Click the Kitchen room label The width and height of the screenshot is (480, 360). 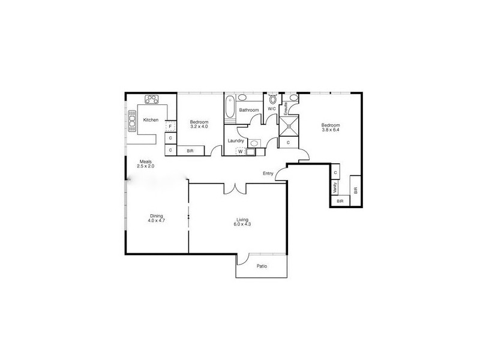pyautogui.click(x=151, y=120)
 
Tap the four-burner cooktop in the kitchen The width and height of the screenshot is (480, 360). pyautogui.click(x=152, y=100)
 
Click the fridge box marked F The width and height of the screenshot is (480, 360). pyautogui.click(x=170, y=127)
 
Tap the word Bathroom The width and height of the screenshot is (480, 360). pyautogui.click(x=249, y=110)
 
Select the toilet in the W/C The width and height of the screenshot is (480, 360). pyautogui.click(x=272, y=99)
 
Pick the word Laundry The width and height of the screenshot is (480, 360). pyautogui.click(x=235, y=141)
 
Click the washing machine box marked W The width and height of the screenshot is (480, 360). pyautogui.click(x=240, y=152)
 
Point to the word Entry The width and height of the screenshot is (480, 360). pyautogui.click(x=268, y=174)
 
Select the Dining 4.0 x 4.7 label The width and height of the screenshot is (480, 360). pyautogui.click(x=156, y=218)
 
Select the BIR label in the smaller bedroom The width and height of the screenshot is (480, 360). pyautogui.click(x=190, y=151)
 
